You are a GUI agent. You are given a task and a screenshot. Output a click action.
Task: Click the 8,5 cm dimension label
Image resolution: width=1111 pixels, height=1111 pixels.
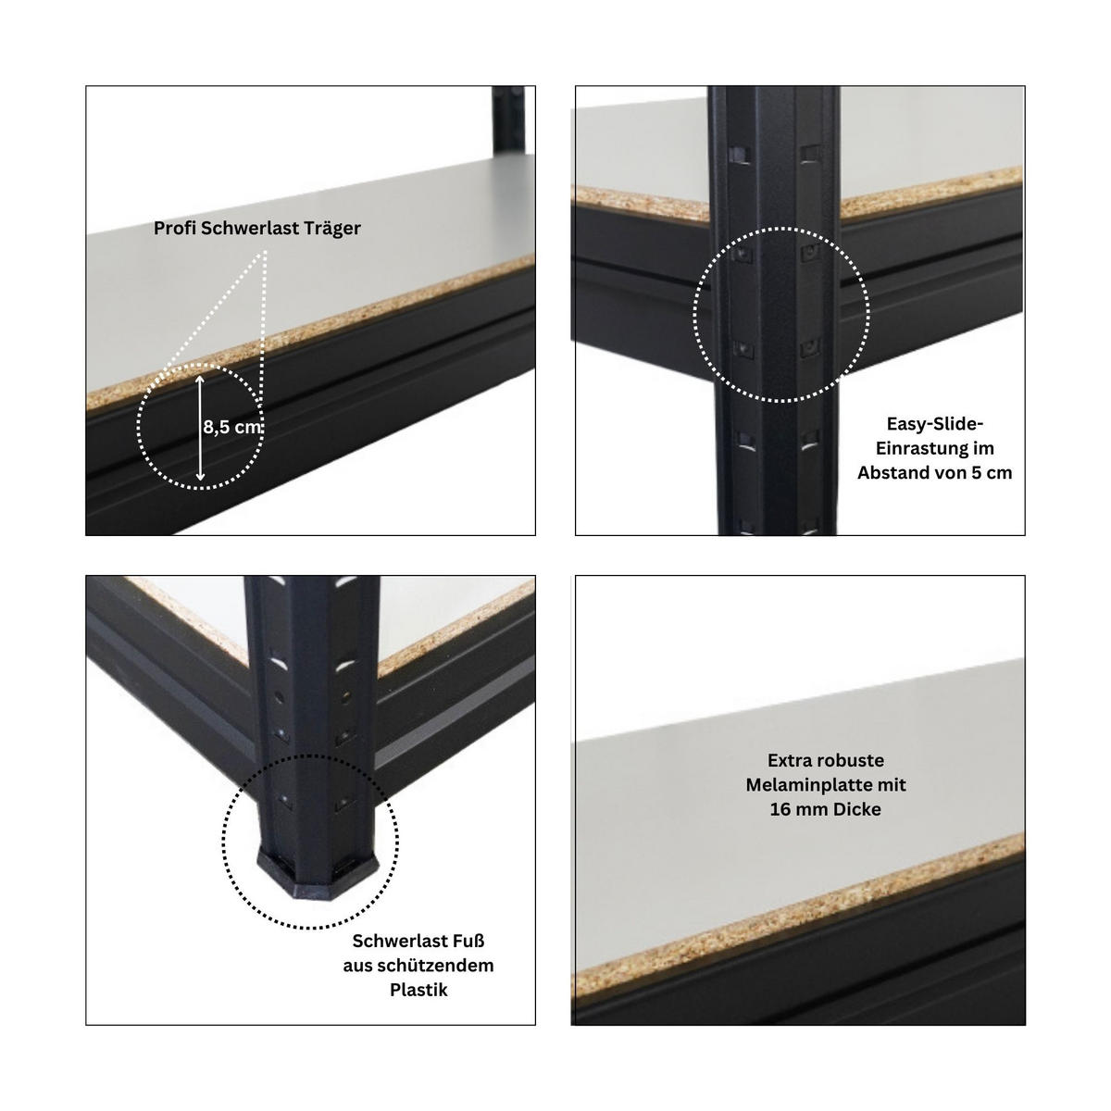pos(232,427)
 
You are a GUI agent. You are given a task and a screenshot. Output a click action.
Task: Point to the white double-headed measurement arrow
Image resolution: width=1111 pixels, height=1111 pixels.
pos(200,428)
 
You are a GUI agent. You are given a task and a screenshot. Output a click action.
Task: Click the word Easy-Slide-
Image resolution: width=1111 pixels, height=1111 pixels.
pos(934,424)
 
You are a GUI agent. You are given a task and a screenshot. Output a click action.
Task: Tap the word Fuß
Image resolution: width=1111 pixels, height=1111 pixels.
pos(468,941)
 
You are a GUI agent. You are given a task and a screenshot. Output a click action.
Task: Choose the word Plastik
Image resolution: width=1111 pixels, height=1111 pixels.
pos(418,990)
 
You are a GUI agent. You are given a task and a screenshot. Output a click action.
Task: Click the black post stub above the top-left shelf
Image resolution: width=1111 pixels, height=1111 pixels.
pos(508,119)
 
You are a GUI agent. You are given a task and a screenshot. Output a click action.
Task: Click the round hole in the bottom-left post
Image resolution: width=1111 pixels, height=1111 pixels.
pos(280,698)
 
